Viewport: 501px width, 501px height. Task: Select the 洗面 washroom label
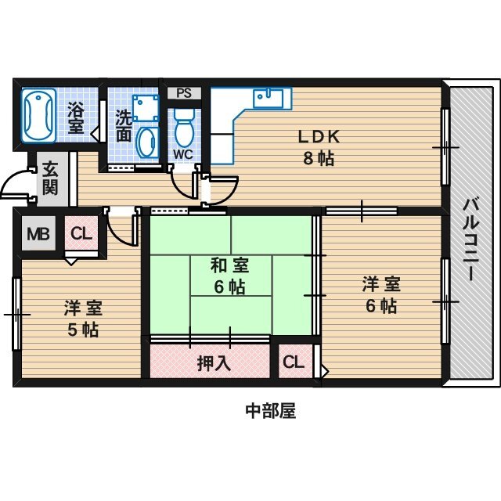point(124,126)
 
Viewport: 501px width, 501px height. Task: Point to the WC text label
point(182,153)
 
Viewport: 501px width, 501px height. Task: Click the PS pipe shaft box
point(184,92)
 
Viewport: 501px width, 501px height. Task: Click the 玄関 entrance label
point(49,178)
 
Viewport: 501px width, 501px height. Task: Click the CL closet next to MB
point(81,233)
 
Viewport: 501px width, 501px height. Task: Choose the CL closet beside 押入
point(293,362)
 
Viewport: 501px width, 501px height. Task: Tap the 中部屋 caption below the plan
point(270,410)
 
